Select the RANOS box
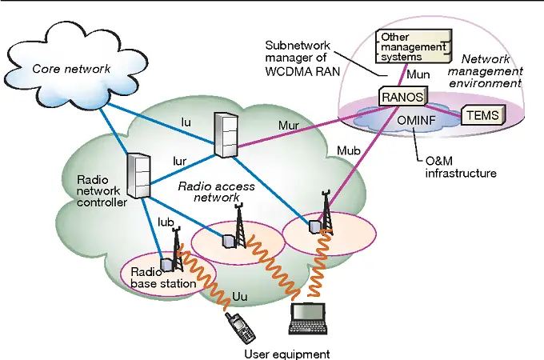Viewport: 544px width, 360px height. click(x=400, y=96)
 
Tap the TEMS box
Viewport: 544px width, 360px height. click(x=484, y=116)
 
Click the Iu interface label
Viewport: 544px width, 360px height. click(x=187, y=122)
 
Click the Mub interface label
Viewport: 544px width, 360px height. click(x=349, y=150)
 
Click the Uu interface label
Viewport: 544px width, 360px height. click(x=239, y=298)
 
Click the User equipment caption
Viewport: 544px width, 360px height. click(x=286, y=353)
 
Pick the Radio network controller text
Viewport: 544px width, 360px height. click(x=102, y=191)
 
